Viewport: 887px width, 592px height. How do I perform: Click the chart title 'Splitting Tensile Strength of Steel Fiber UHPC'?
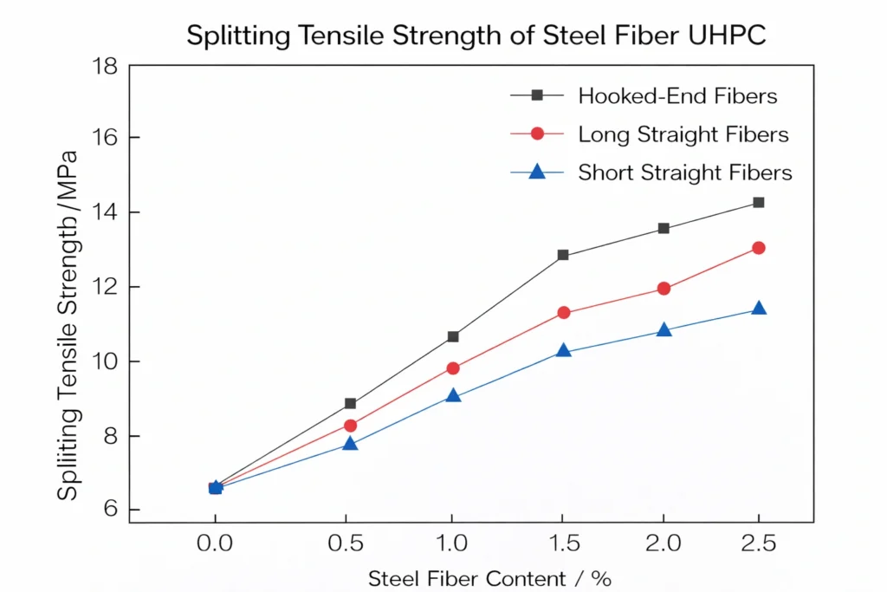[476, 36]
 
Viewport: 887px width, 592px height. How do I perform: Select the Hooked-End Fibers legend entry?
[677, 95]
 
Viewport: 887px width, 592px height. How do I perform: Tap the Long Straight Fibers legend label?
[683, 134]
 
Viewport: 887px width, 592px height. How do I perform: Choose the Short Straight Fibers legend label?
[684, 172]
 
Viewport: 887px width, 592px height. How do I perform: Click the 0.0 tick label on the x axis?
[215, 544]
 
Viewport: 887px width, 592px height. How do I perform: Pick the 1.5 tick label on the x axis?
[562, 544]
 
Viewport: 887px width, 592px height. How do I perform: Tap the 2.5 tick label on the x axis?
[758, 544]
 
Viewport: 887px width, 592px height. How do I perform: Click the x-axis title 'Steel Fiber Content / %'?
[489, 578]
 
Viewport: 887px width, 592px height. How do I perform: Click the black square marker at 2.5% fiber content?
[759, 202]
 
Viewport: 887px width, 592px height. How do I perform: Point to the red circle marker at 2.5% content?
[759, 248]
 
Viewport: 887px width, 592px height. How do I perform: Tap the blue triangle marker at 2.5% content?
[759, 309]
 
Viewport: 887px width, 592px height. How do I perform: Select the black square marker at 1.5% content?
[563, 255]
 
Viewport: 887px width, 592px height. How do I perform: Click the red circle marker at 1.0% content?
[453, 368]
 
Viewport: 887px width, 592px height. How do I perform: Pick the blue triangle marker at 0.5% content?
[350, 444]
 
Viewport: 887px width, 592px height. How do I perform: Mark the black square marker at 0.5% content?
[350, 403]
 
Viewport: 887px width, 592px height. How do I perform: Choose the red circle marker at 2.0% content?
[664, 289]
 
